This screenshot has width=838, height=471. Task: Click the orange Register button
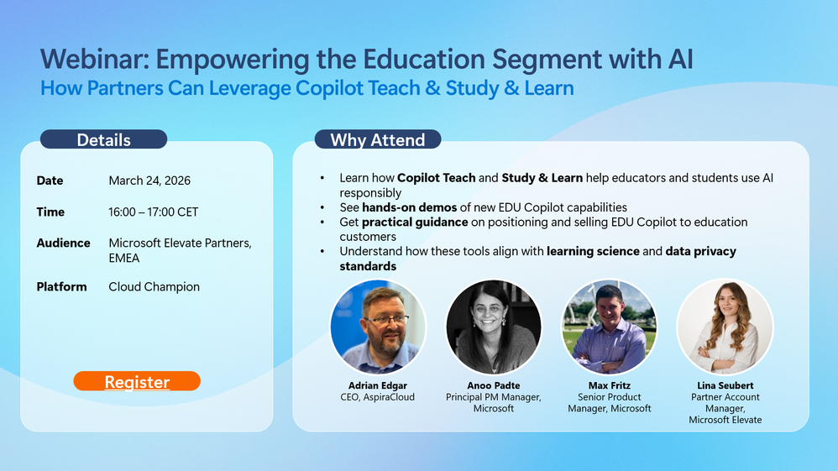(137, 381)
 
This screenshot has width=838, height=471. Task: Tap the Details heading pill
(103, 139)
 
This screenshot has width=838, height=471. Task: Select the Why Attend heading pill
(378, 139)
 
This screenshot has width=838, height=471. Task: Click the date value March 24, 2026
(149, 181)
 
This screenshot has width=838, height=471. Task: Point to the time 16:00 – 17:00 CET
(154, 212)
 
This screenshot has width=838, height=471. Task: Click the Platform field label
(61, 287)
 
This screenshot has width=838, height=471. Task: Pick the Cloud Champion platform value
(154, 287)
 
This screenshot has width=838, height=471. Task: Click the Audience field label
(63, 243)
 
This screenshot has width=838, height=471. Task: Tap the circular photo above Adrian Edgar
(378, 327)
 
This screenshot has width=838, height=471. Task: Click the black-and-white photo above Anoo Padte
(493, 327)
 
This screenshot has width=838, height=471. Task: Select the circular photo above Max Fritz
(610, 327)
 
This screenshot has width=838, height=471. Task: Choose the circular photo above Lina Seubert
(725, 327)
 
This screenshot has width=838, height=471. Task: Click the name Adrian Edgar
(378, 385)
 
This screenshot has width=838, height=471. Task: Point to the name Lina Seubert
(725, 385)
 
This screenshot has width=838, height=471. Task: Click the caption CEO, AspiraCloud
(377, 397)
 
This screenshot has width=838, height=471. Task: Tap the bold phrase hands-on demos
(410, 207)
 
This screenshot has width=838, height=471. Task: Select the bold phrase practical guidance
(415, 222)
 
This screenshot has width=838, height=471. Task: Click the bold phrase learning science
(593, 251)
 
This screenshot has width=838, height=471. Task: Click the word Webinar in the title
(93, 59)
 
